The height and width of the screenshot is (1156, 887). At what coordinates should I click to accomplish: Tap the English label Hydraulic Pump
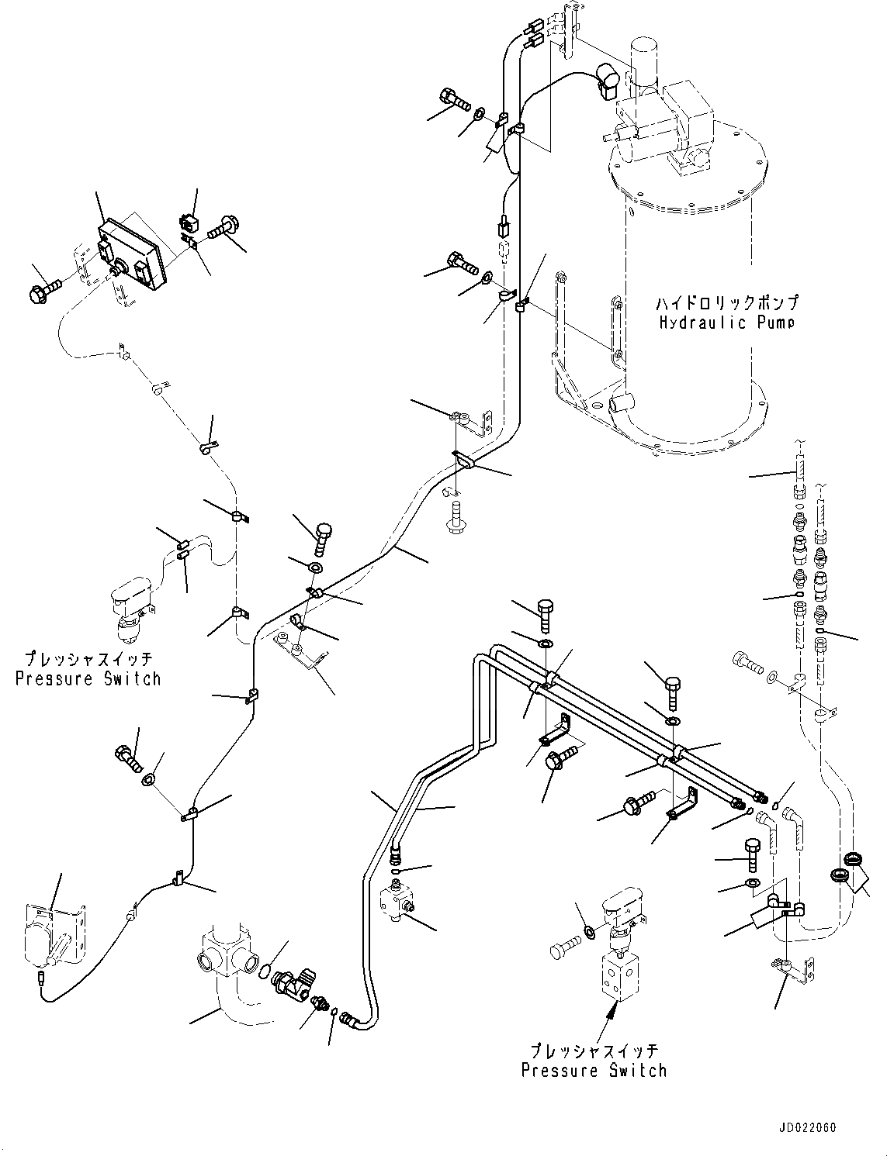726,323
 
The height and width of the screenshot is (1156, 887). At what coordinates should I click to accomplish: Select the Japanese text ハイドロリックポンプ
726,303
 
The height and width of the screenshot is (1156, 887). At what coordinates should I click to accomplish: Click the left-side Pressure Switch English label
88,679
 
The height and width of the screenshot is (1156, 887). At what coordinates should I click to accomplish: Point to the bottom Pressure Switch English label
594,1071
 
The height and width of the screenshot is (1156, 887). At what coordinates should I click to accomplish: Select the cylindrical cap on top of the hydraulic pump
644,58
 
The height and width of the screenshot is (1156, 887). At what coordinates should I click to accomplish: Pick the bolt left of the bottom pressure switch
564,948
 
